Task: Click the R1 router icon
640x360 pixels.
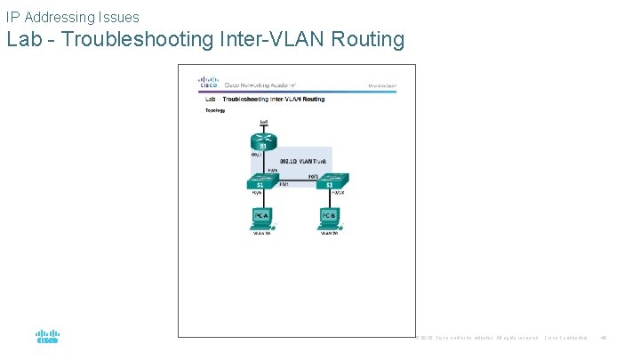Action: coord(264,140)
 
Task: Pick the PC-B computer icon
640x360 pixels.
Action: coord(329,218)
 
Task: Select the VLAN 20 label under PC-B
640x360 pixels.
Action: coord(329,234)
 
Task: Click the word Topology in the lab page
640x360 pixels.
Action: coord(215,110)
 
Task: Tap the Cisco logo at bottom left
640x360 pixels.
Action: coord(47,336)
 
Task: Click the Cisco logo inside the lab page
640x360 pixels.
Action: coord(207,83)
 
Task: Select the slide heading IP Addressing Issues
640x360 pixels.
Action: coord(72,16)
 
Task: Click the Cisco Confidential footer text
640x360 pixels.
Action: coord(566,338)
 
